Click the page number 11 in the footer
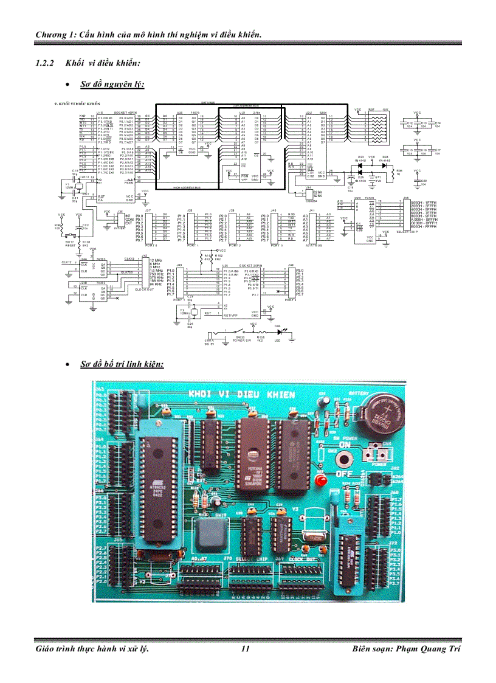[x=246, y=648]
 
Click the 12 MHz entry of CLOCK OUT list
[x=156, y=260]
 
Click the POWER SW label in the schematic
[x=241, y=341]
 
